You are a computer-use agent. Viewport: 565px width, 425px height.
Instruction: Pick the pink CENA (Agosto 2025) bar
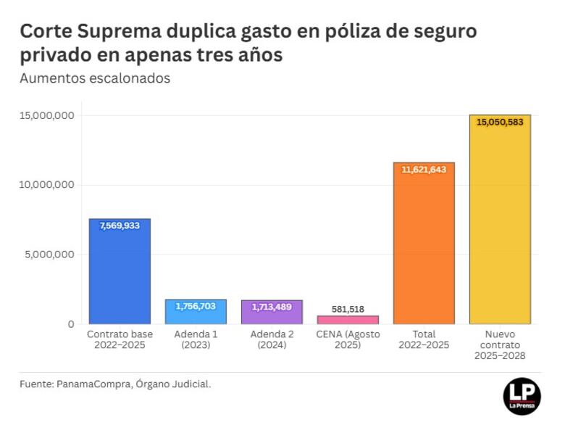[x=348, y=320]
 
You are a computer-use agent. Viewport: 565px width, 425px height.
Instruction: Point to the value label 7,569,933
[x=120, y=226]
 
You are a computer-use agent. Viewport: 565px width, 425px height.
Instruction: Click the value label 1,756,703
[x=196, y=307]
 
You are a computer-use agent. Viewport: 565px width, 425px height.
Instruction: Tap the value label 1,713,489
[x=272, y=308]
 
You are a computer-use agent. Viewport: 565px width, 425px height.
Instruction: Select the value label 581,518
[x=348, y=309]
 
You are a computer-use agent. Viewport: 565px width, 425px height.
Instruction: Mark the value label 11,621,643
[x=424, y=170]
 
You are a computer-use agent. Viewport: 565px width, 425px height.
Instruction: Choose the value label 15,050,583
[x=500, y=122]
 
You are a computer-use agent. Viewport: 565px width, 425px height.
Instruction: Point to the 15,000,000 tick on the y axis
[x=47, y=115]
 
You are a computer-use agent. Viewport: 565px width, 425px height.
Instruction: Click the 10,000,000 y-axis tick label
[x=47, y=185]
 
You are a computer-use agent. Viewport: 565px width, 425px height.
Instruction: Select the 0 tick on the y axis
[x=71, y=324]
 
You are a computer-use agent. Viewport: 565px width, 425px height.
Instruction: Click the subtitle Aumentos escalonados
[x=95, y=78]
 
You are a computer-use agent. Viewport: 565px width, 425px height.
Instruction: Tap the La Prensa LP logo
[x=522, y=395]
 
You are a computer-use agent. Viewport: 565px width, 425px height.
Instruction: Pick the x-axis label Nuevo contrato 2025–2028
[x=500, y=344]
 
